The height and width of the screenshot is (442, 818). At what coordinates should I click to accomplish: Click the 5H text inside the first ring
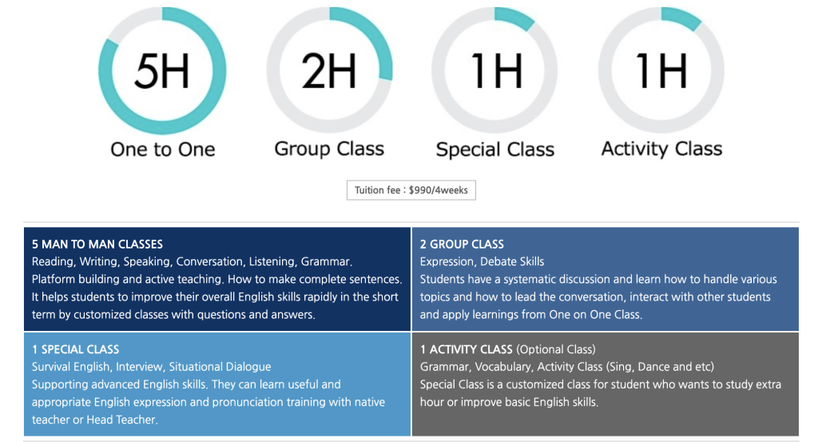coord(161,70)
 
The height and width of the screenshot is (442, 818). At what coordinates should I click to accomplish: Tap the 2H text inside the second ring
coord(328,70)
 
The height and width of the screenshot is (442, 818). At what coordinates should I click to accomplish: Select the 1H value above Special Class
coord(495,70)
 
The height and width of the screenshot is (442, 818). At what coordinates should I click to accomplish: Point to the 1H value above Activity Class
coord(661,70)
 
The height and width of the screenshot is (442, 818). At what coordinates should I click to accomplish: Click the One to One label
coord(163,149)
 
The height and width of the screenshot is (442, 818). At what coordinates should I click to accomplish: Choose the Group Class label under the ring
coord(329,149)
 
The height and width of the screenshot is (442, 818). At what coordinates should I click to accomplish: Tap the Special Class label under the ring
coord(495,149)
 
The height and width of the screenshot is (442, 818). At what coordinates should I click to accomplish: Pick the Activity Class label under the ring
coord(661,149)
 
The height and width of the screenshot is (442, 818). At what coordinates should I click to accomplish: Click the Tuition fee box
coord(411,190)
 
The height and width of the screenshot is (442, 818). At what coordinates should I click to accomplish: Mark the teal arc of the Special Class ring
coord(517,17)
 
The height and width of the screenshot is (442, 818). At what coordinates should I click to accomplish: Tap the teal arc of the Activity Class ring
coord(682,17)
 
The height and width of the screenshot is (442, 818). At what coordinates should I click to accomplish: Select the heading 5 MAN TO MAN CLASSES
coord(97,245)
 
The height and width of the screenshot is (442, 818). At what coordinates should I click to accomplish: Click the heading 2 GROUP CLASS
coord(462,245)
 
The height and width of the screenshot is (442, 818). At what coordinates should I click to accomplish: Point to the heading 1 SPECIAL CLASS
coord(75,349)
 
